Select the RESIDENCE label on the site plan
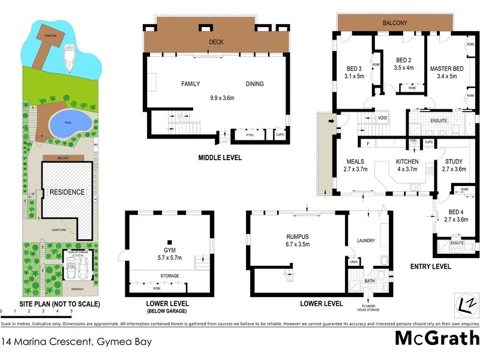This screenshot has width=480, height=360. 67,192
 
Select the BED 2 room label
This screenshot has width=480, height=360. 404,60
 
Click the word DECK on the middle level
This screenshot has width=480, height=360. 216,42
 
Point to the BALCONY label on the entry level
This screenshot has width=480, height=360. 395,23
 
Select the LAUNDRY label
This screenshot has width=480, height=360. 366,241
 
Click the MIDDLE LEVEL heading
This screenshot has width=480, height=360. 220,158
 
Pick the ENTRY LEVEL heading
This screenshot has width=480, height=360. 431,266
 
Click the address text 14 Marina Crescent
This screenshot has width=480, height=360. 75,343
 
